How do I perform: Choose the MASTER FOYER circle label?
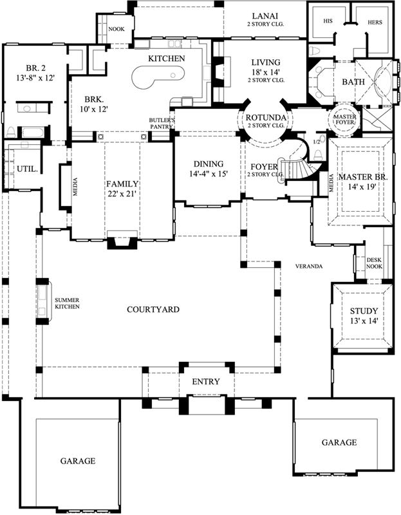tap(344, 120)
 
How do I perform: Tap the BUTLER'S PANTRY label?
tap(159, 124)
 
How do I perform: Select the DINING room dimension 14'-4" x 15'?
tap(208, 174)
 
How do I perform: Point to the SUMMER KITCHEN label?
tap(68, 303)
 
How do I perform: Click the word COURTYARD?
tap(153, 310)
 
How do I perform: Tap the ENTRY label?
tap(206, 382)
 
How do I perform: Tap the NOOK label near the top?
tap(117, 29)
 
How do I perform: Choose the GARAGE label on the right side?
tap(339, 442)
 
